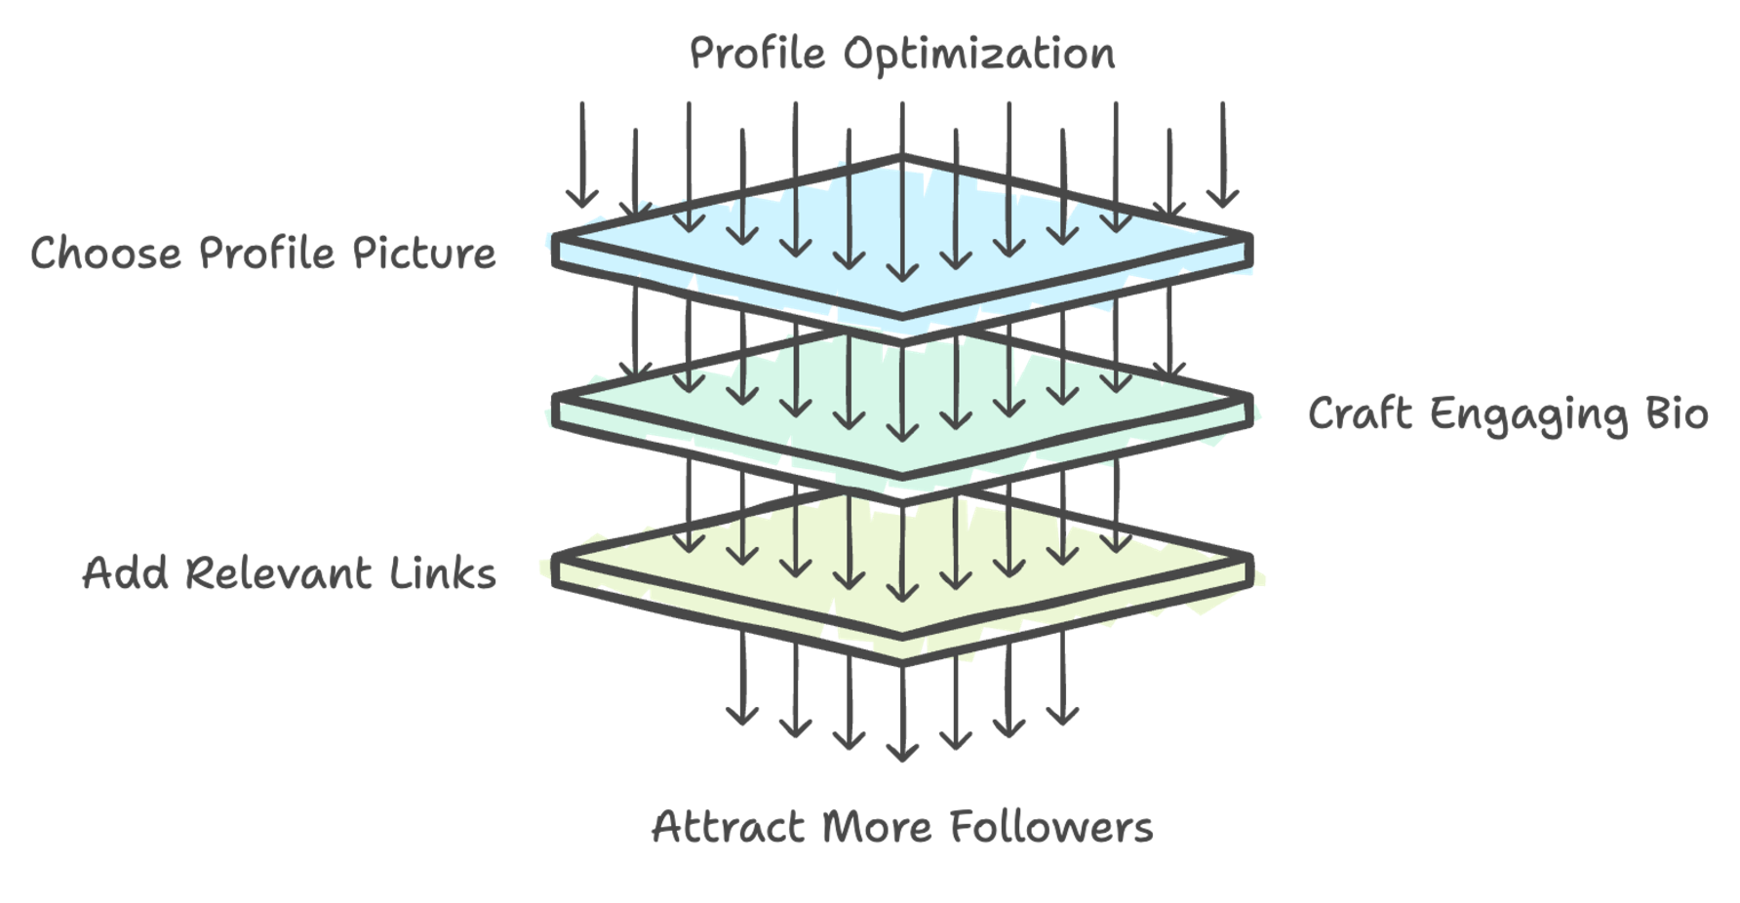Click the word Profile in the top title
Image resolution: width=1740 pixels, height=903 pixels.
(x=757, y=54)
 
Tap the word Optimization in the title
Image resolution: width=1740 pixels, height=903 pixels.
(x=979, y=54)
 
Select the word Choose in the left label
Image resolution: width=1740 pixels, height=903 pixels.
(x=106, y=254)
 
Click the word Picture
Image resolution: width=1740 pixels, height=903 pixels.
(x=423, y=254)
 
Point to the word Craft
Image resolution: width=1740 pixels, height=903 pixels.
(x=1360, y=413)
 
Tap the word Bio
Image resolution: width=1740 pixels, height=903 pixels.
(x=1677, y=413)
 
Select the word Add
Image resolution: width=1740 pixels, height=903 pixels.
(x=124, y=573)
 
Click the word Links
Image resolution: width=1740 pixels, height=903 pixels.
(x=443, y=573)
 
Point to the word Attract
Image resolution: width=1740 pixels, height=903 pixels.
(x=728, y=827)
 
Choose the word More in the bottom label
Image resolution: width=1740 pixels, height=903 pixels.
(x=877, y=827)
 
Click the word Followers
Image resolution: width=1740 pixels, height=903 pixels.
(x=1051, y=827)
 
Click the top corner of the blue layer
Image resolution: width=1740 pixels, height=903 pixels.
(x=901, y=158)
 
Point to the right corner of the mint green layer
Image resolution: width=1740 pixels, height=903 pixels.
(x=1248, y=398)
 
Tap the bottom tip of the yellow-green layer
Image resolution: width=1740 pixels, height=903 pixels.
(x=902, y=661)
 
